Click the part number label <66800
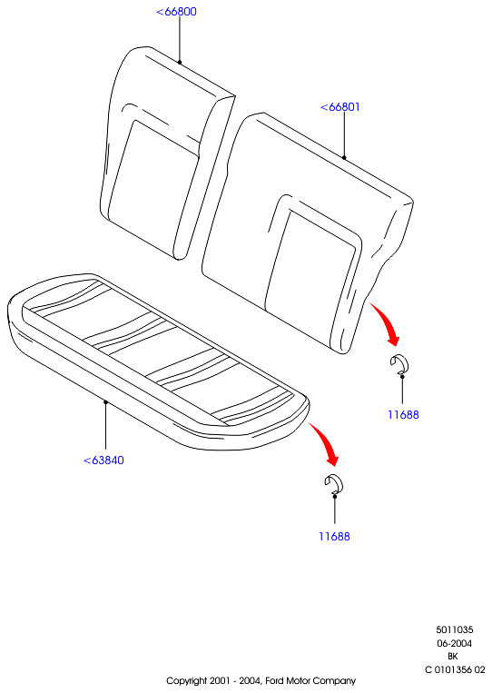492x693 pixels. tap(176, 12)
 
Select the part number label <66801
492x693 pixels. tap(340, 107)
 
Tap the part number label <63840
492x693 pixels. tap(103, 460)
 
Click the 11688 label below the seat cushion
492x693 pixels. tap(334, 536)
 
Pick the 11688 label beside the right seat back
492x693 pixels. tap(403, 414)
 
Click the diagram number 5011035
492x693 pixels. tap(455, 629)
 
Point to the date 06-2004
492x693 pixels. tap(455, 643)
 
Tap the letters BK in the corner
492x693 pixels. tap(453, 657)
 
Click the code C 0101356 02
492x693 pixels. tap(455, 669)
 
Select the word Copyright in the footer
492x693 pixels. tap(186, 681)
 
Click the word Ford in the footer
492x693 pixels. tap(275, 680)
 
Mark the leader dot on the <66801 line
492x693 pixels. tap(344, 157)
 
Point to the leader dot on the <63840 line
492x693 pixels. tap(105, 401)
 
